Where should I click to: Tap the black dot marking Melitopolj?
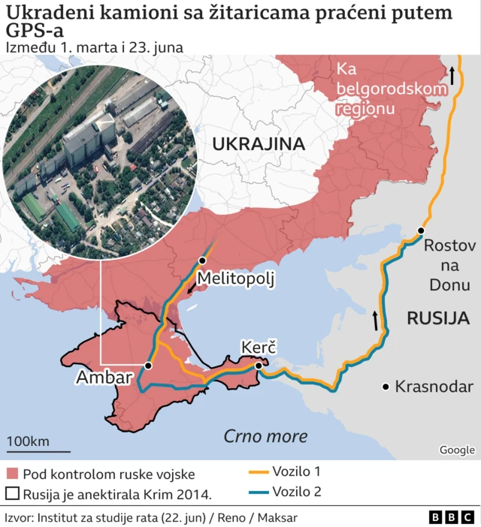(x=202, y=260)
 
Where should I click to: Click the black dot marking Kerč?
(x=259, y=366)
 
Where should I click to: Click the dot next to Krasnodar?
(x=386, y=387)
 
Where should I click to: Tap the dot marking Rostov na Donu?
(x=422, y=230)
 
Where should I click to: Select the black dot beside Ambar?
(x=148, y=366)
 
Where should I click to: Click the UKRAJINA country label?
(x=258, y=144)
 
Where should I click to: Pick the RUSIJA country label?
(x=438, y=318)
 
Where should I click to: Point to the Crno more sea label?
(x=265, y=436)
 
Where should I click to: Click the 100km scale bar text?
(x=28, y=441)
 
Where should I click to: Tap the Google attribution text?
(x=457, y=450)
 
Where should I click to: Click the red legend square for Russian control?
(x=11, y=474)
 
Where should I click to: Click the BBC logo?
(x=452, y=517)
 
